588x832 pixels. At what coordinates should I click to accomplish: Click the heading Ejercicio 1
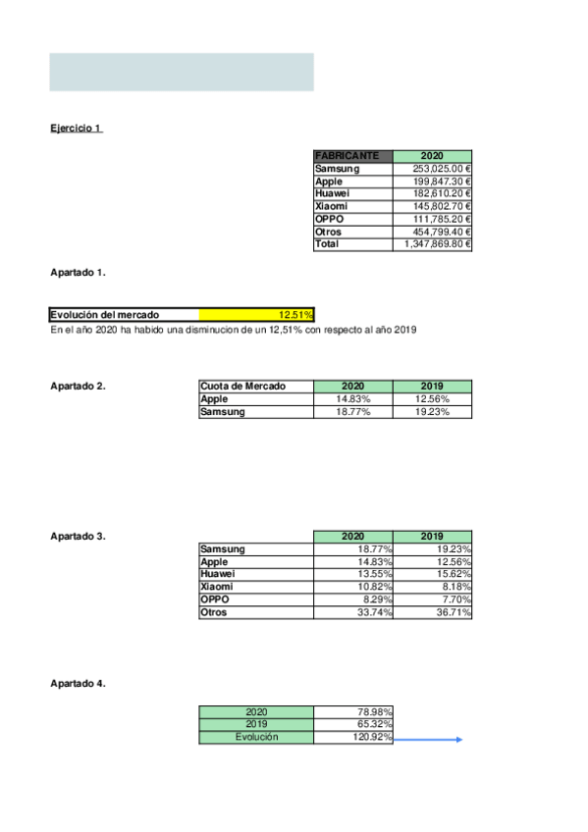(76, 129)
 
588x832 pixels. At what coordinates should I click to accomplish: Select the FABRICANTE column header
(352, 156)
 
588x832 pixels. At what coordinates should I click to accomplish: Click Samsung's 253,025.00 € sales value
(432, 169)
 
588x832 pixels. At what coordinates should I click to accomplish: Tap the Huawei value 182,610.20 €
(432, 193)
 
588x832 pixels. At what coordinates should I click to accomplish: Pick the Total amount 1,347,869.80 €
(432, 244)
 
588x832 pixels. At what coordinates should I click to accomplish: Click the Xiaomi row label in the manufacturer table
(330, 206)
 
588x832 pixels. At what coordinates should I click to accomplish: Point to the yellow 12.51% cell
(257, 315)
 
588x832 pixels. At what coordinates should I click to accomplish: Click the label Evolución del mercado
(104, 315)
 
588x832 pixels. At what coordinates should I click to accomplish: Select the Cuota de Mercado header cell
(255, 387)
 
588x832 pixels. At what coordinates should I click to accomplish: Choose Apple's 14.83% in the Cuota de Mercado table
(352, 399)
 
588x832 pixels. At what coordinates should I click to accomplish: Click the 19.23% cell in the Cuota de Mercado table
(432, 412)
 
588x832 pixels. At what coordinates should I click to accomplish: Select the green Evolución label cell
(255, 737)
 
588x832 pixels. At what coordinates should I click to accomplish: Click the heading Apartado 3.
(78, 537)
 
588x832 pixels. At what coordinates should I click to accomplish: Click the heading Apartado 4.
(78, 683)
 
